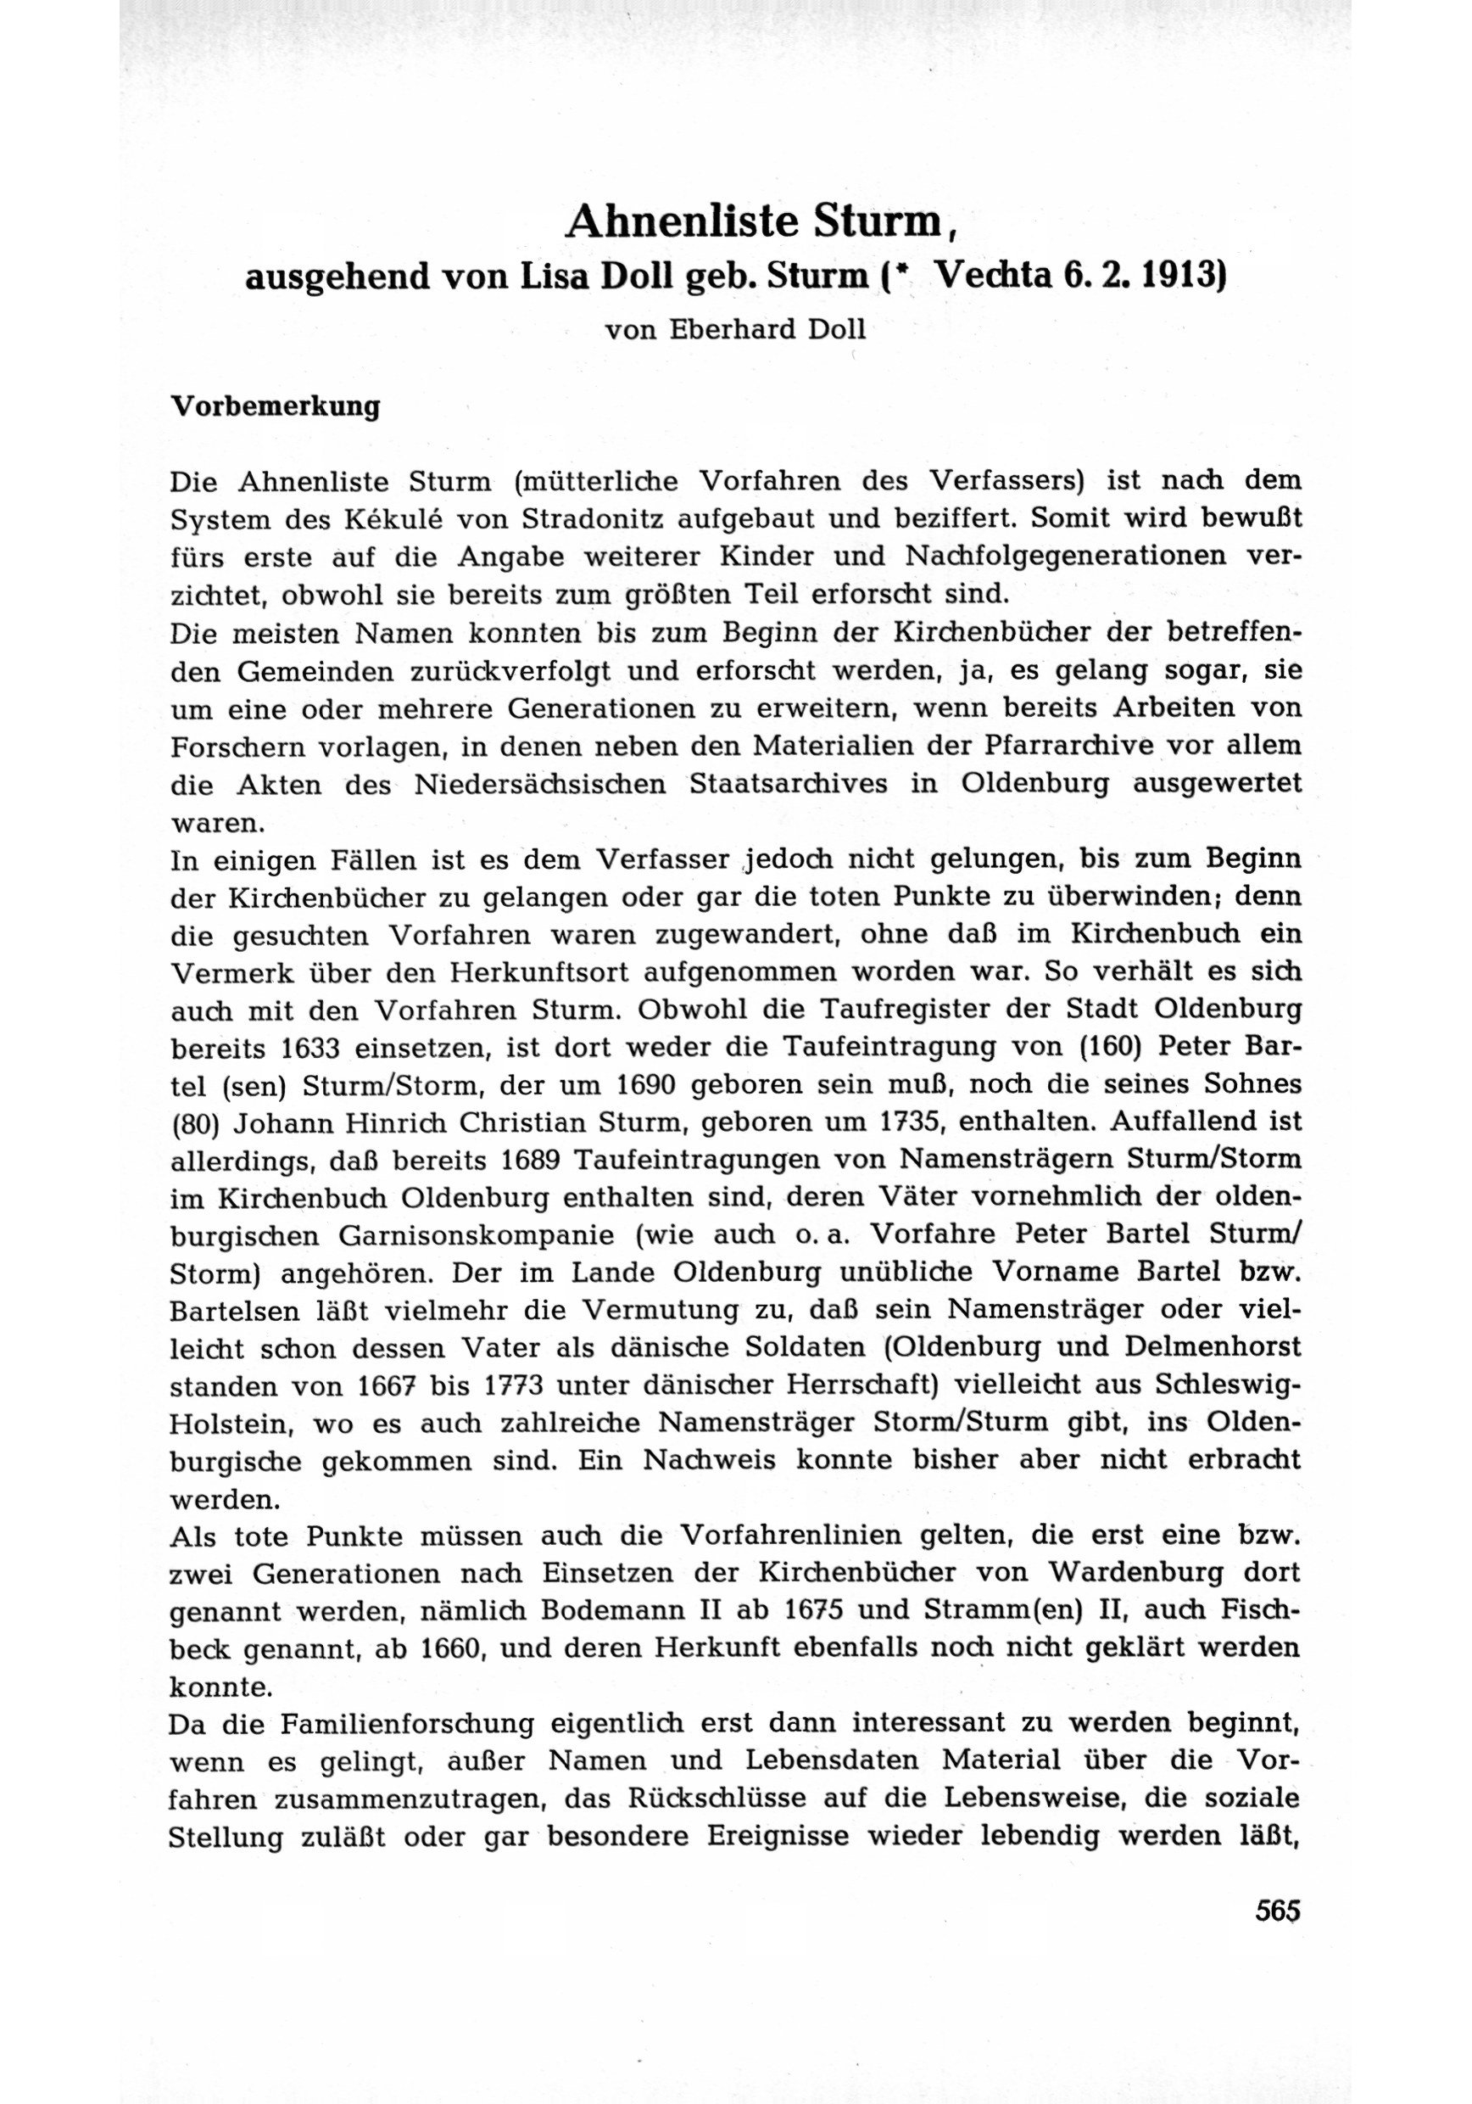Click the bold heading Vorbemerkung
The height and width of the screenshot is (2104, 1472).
[276, 406]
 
